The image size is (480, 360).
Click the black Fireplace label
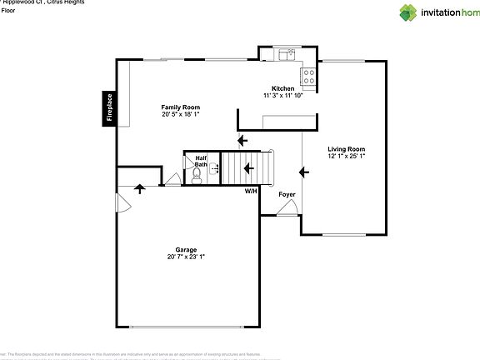tap(109, 107)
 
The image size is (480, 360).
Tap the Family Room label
tap(180, 107)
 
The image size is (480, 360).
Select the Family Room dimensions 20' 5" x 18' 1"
tap(180, 115)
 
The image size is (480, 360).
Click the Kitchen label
tap(283, 88)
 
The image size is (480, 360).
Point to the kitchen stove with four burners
tap(308, 77)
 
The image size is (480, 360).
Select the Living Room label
tap(346, 148)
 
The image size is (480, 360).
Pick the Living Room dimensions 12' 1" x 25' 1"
tap(346, 156)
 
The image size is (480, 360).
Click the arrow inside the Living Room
tap(304, 172)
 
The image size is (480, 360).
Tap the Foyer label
tap(287, 194)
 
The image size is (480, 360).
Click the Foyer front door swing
tap(286, 210)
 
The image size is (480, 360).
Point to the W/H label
tap(250, 192)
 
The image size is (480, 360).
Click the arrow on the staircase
tap(247, 168)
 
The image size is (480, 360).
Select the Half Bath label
tap(201, 161)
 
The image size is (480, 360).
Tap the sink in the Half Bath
tap(215, 168)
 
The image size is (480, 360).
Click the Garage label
tap(185, 249)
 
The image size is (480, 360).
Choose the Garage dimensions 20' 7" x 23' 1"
tap(185, 257)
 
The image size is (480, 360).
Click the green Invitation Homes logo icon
tap(407, 12)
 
